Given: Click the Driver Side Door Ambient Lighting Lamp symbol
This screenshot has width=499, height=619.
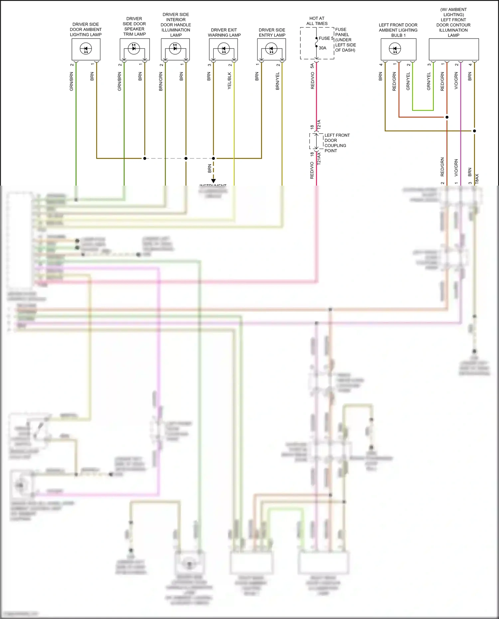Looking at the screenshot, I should [86, 49].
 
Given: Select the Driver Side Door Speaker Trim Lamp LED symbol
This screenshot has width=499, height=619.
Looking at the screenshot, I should [134, 48].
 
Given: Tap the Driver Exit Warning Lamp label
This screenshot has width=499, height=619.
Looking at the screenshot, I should [224, 33].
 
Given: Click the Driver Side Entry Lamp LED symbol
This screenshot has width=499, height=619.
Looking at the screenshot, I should [271, 49].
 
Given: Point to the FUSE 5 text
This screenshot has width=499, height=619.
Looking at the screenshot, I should [326, 38].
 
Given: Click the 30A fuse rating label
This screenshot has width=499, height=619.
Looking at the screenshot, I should [322, 48].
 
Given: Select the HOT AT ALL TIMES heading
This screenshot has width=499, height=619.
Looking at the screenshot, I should [317, 21].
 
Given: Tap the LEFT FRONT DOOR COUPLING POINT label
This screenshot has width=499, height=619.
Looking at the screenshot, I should [337, 143].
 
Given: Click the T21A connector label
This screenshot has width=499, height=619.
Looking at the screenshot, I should [319, 124].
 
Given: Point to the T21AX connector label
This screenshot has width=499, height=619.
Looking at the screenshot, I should [319, 158].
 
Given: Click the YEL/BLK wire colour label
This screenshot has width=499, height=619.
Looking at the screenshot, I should [230, 80].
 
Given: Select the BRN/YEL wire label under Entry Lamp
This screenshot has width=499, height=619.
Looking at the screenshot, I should [277, 81].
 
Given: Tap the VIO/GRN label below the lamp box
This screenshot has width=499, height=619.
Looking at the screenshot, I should [456, 80].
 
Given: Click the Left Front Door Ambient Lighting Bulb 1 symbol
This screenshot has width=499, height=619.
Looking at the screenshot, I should [395, 49].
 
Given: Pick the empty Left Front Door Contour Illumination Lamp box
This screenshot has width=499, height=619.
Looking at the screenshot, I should [453, 49].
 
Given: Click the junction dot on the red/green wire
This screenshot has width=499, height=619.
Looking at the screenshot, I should [447, 117].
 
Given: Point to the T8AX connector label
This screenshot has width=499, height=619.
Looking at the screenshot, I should [477, 179].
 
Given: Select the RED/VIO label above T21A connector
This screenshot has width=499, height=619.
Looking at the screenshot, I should [312, 80].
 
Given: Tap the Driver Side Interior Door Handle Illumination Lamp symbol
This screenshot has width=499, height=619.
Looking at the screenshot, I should [175, 49].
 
